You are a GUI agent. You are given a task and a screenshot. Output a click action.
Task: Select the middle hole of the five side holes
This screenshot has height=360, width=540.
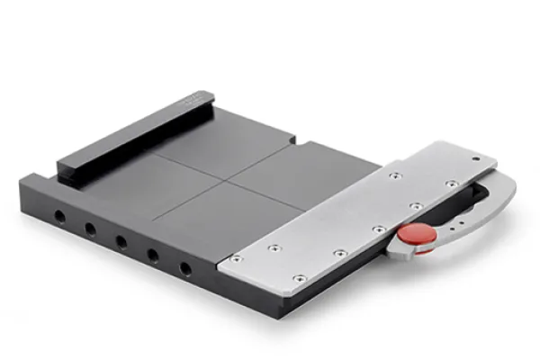[120, 241]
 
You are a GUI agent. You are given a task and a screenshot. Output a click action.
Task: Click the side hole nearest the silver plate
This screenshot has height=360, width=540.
[185, 268]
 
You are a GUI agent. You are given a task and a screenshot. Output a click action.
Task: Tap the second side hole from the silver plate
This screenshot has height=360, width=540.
[152, 255]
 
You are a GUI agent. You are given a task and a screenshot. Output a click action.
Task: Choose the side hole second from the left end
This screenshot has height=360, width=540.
[90, 229]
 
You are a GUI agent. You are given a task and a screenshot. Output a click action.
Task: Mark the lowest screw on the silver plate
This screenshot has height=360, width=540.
[298, 278]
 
